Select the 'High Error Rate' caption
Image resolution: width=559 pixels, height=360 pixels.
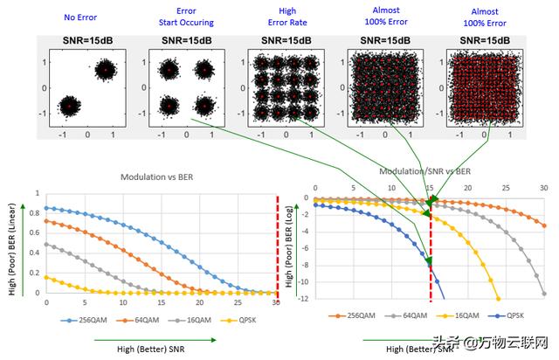pyautogui.click(x=282, y=16)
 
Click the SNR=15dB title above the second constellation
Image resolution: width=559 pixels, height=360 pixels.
pyautogui.click(x=186, y=40)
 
